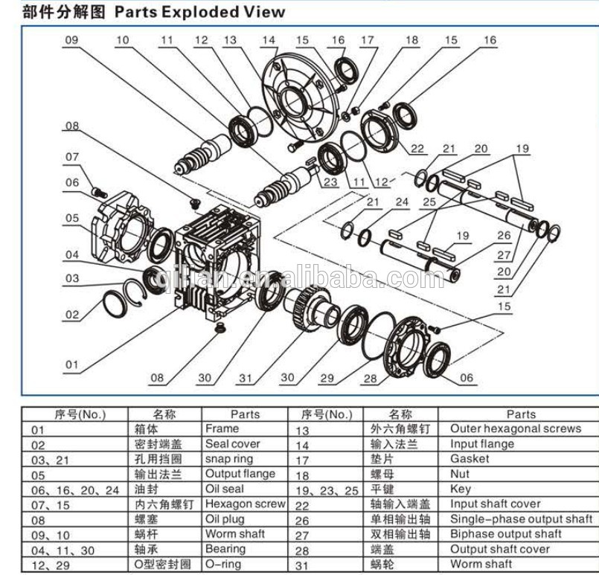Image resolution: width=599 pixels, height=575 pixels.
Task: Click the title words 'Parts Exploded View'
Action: [199, 11]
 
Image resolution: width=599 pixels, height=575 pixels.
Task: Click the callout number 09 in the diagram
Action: [71, 40]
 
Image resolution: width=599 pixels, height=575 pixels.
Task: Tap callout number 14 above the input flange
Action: [268, 40]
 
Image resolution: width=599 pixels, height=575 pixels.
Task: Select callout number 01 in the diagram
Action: [71, 364]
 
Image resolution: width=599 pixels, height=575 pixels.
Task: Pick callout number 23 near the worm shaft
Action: [330, 181]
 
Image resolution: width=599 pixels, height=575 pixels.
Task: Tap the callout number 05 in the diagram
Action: [71, 219]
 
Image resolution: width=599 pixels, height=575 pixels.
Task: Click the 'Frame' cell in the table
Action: [222, 428]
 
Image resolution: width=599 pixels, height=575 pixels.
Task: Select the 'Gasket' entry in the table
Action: [470, 459]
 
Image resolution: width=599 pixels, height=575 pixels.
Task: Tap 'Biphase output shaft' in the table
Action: [505, 534]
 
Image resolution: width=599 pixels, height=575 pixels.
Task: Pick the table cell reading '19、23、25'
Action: [327, 489]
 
